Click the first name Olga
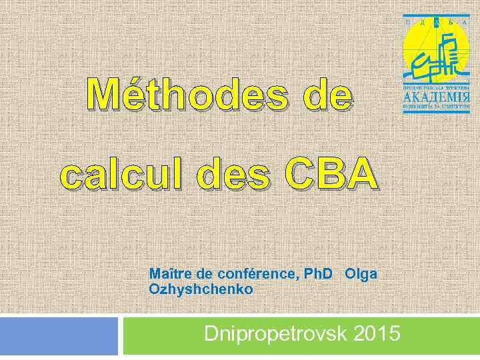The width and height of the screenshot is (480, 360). [x=361, y=274]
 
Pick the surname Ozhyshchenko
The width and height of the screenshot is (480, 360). [x=201, y=289]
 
